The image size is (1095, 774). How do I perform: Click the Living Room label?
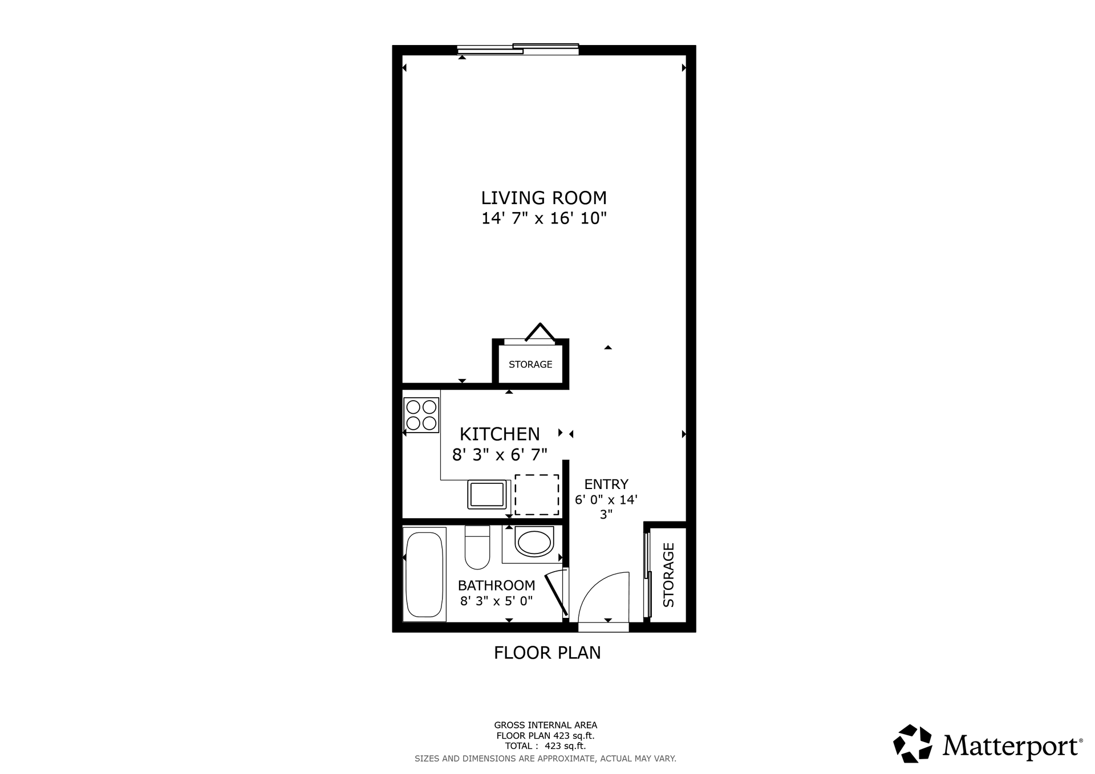point(544,198)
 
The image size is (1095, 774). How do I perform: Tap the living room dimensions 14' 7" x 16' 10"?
point(544,218)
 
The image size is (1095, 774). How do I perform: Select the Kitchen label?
point(500,434)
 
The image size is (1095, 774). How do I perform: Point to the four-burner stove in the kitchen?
point(421,414)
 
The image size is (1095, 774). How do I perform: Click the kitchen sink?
point(487,494)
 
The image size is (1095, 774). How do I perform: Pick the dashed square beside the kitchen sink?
point(537,495)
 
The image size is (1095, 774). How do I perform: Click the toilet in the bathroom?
point(477,547)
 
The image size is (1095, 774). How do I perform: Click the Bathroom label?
point(496,585)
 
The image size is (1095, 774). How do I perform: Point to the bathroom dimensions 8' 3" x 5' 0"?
point(496,601)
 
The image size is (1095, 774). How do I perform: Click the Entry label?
point(606,484)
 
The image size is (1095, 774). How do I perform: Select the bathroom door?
point(555,594)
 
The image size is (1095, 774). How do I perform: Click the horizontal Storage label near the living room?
point(530,364)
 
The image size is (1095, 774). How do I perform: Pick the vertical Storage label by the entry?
point(668,575)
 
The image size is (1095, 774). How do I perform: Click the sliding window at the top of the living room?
point(518,50)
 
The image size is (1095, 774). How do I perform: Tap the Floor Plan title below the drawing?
point(547,653)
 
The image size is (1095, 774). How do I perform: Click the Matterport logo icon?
point(912,743)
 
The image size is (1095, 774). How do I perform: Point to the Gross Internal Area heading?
point(546,725)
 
